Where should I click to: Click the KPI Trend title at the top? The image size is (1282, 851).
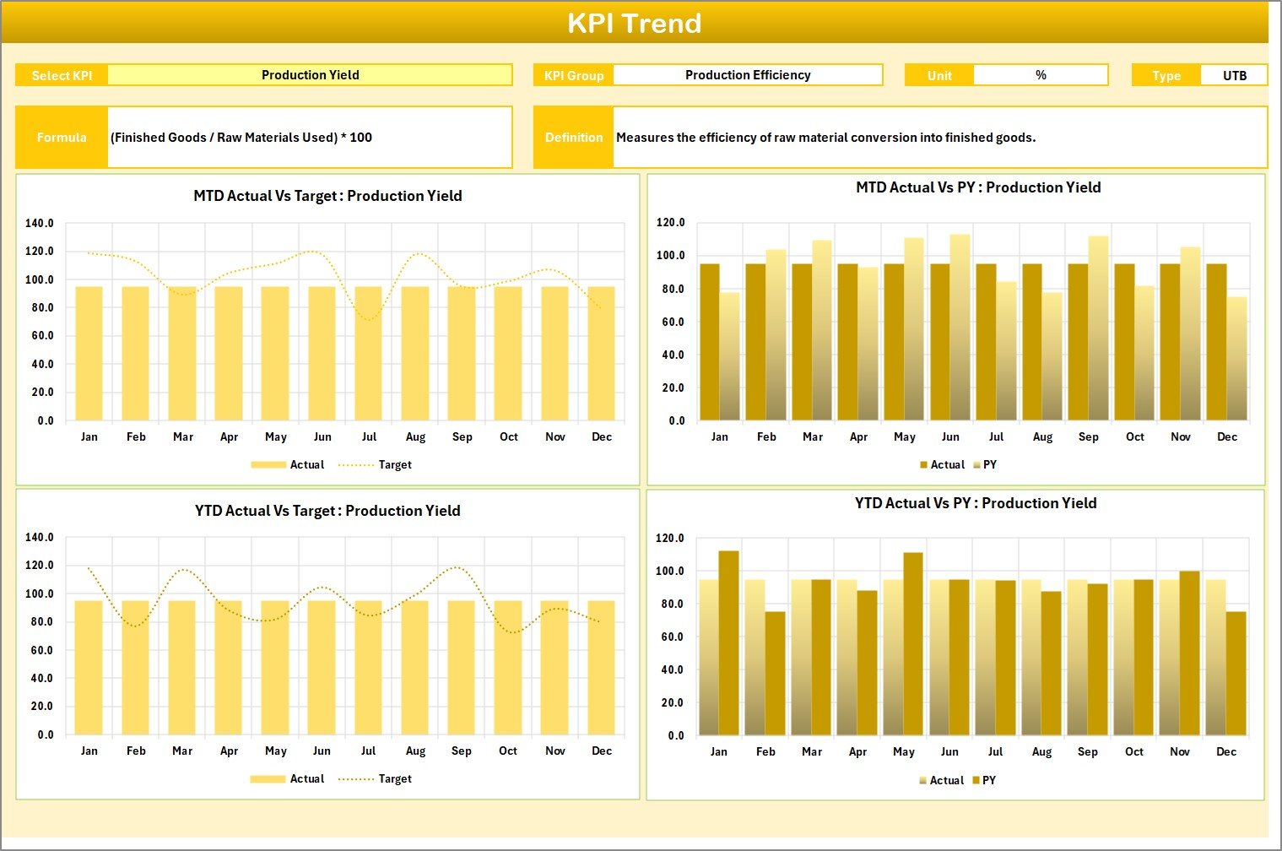pyautogui.click(x=634, y=23)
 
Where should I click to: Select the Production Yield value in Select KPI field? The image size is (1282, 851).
pyautogui.click(x=310, y=75)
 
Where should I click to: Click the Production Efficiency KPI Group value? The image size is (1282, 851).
pyautogui.click(x=747, y=75)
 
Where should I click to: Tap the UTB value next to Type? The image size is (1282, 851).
pyautogui.click(x=1234, y=76)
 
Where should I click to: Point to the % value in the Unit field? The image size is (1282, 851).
pyautogui.click(x=1041, y=75)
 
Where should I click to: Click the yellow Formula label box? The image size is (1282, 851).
pyautogui.click(x=62, y=138)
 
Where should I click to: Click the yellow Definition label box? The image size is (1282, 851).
pyautogui.click(x=574, y=138)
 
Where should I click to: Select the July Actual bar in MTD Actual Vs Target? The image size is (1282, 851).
pyautogui.click(x=368, y=355)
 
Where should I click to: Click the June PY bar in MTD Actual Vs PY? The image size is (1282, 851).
pyautogui.click(x=960, y=329)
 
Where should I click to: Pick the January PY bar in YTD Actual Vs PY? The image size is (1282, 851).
pyautogui.click(x=728, y=643)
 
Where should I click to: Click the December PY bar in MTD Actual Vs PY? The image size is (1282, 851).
pyautogui.click(x=1236, y=359)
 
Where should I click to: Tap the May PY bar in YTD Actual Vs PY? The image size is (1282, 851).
pyautogui.click(x=913, y=644)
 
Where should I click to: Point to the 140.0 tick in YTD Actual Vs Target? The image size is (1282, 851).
pyautogui.click(x=40, y=538)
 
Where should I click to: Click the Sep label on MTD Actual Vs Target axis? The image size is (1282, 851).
pyautogui.click(x=462, y=437)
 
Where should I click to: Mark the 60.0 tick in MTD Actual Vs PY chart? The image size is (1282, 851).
pyautogui.click(x=673, y=323)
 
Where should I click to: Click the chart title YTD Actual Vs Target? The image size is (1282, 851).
pyautogui.click(x=327, y=511)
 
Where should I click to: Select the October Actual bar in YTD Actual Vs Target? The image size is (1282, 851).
pyautogui.click(x=508, y=668)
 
